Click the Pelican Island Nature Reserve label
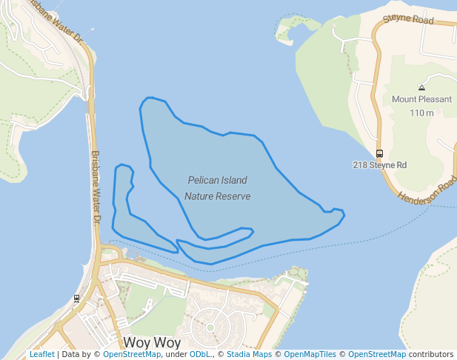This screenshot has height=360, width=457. click(217, 188)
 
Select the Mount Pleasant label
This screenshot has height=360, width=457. click(421, 99)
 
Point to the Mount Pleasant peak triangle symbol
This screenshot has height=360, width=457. click(421, 87)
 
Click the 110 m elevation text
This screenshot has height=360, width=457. click(421, 113)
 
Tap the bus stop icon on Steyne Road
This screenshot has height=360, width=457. click(379, 153)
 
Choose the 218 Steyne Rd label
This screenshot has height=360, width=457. click(379, 164)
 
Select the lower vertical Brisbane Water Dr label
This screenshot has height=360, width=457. click(96, 188)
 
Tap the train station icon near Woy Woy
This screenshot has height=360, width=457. click(76, 299)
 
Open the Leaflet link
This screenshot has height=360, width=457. click(41, 355)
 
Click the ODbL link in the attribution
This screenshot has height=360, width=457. click(200, 355)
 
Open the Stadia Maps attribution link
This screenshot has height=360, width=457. click(249, 355)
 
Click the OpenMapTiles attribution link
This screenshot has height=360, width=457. click(312, 355)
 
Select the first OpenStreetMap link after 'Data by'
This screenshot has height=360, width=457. click(131, 355)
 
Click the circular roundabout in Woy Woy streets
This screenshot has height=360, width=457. click(210, 326)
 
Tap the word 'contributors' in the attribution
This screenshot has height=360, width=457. click(430, 355)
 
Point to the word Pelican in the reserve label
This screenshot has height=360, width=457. click(202, 180)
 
